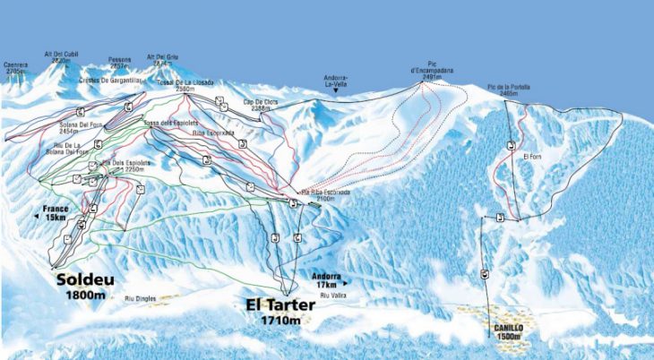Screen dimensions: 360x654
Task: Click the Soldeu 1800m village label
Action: click(86, 286)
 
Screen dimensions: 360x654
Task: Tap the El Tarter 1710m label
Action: click(284, 311)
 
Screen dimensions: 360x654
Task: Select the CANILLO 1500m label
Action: click(507, 331)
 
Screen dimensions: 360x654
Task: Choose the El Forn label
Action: click(529, 156)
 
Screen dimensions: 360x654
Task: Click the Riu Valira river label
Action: click(332, 295)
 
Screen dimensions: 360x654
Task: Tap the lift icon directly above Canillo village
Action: click(485, 274)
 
